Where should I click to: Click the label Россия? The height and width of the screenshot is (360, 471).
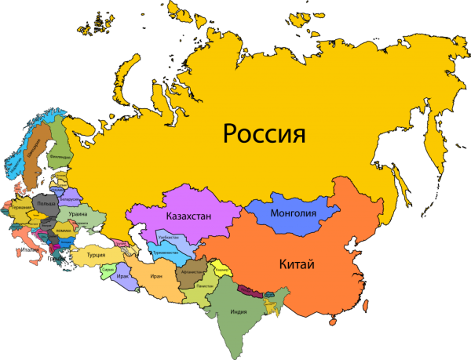click(263, 133)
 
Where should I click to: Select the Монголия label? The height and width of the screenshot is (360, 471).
click(291, 214)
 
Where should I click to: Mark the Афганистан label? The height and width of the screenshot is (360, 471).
click(192, 273)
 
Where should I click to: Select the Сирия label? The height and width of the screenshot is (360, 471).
click(108, 270)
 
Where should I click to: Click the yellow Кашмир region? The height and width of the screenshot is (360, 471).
click(221, 270)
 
